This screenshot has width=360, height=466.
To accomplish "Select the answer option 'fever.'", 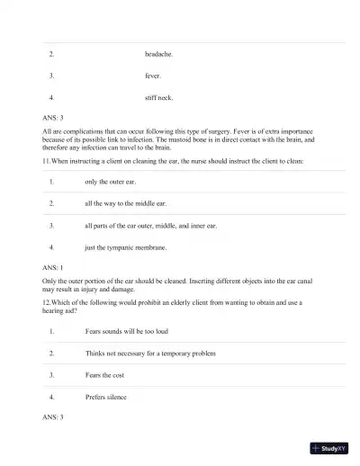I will [x=153, y=76].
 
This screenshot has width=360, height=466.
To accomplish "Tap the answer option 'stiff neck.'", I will [x=159, y=97].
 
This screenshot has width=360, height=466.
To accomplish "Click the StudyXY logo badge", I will [x=329, y=448].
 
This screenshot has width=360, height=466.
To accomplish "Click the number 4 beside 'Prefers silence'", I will [x=51, y=397].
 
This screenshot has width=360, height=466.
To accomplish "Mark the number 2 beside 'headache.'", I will [x=51, y=54].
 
